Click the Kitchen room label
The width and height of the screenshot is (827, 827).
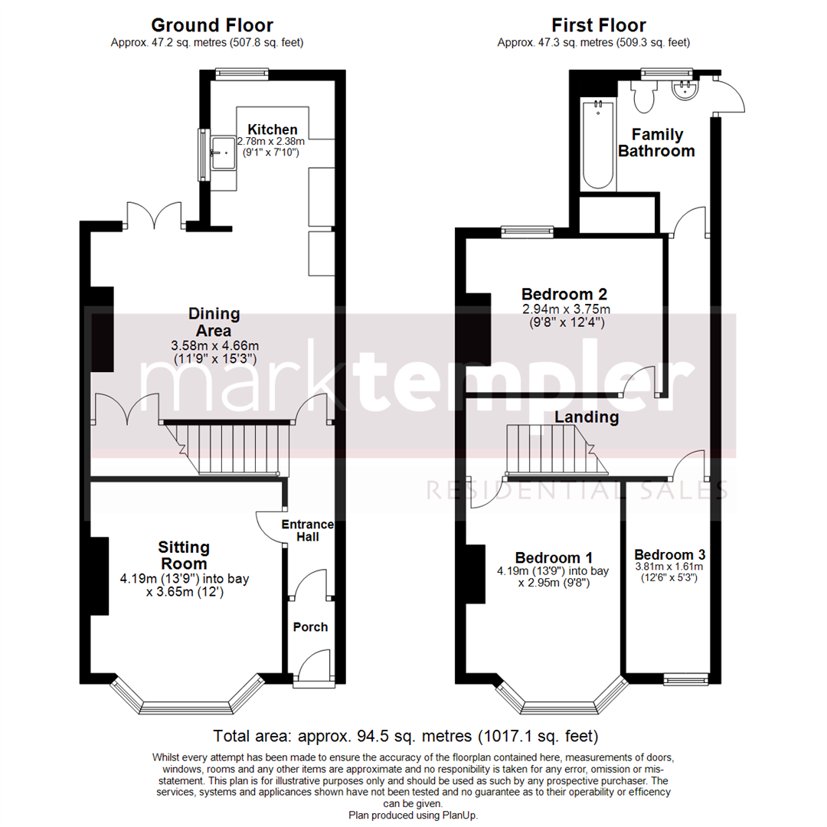[272, 129]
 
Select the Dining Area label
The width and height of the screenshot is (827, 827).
[214, 322]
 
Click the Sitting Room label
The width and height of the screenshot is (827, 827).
[184, 554]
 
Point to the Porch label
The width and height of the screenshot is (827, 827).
[310, 627]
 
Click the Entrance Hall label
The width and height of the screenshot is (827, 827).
[308, 531]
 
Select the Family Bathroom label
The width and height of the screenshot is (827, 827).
[656, 143]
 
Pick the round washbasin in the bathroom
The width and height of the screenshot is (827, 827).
[683, 91]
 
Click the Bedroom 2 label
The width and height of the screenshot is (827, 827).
[564, 294]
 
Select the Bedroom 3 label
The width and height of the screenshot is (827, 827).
[669, 555]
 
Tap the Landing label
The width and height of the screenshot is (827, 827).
[587, 417]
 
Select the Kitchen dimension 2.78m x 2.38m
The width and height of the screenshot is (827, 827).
[271, 142]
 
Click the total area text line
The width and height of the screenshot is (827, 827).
[406, 737]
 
